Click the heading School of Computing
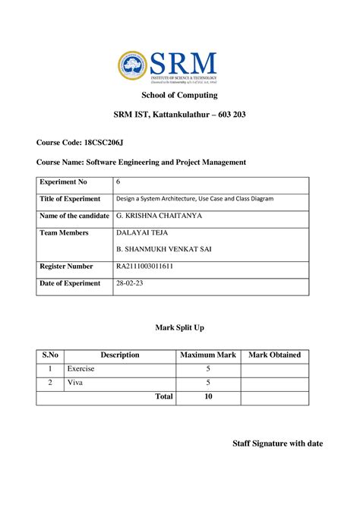click(x=180, y=96)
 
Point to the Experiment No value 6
click(x=118, y=182)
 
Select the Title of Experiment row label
click(x=70, y=199)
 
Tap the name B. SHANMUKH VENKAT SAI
click(x=162, y=248)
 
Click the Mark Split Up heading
click(x=179, y=327)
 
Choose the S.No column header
click(x=50, y=355)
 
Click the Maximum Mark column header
click(x=208, y=355)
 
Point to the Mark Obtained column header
click(x=275, y=355)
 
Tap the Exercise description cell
click(x=81, y=369)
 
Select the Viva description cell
click(x=75, y=383)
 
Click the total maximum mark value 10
click(x=208, y=397)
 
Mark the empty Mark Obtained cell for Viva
click(x=275, y=383)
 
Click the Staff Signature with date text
click(x=277, y=443)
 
